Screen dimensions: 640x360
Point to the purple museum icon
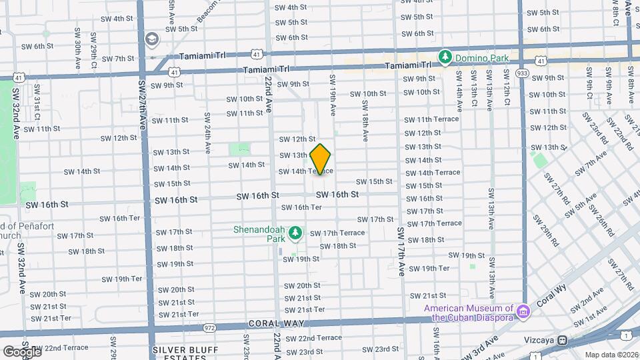[x=524, y=311]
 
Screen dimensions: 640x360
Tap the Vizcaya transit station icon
[x=563, y=339]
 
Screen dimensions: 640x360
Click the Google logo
[x=22, y=351]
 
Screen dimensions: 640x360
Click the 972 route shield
[x=210, y=328]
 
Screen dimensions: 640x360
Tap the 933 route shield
[x=521, y=74]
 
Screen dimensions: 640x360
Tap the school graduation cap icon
[x=152, y=39]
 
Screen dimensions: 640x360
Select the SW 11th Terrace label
[x=431, y=119]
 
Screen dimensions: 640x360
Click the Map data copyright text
[x=612, y=355]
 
